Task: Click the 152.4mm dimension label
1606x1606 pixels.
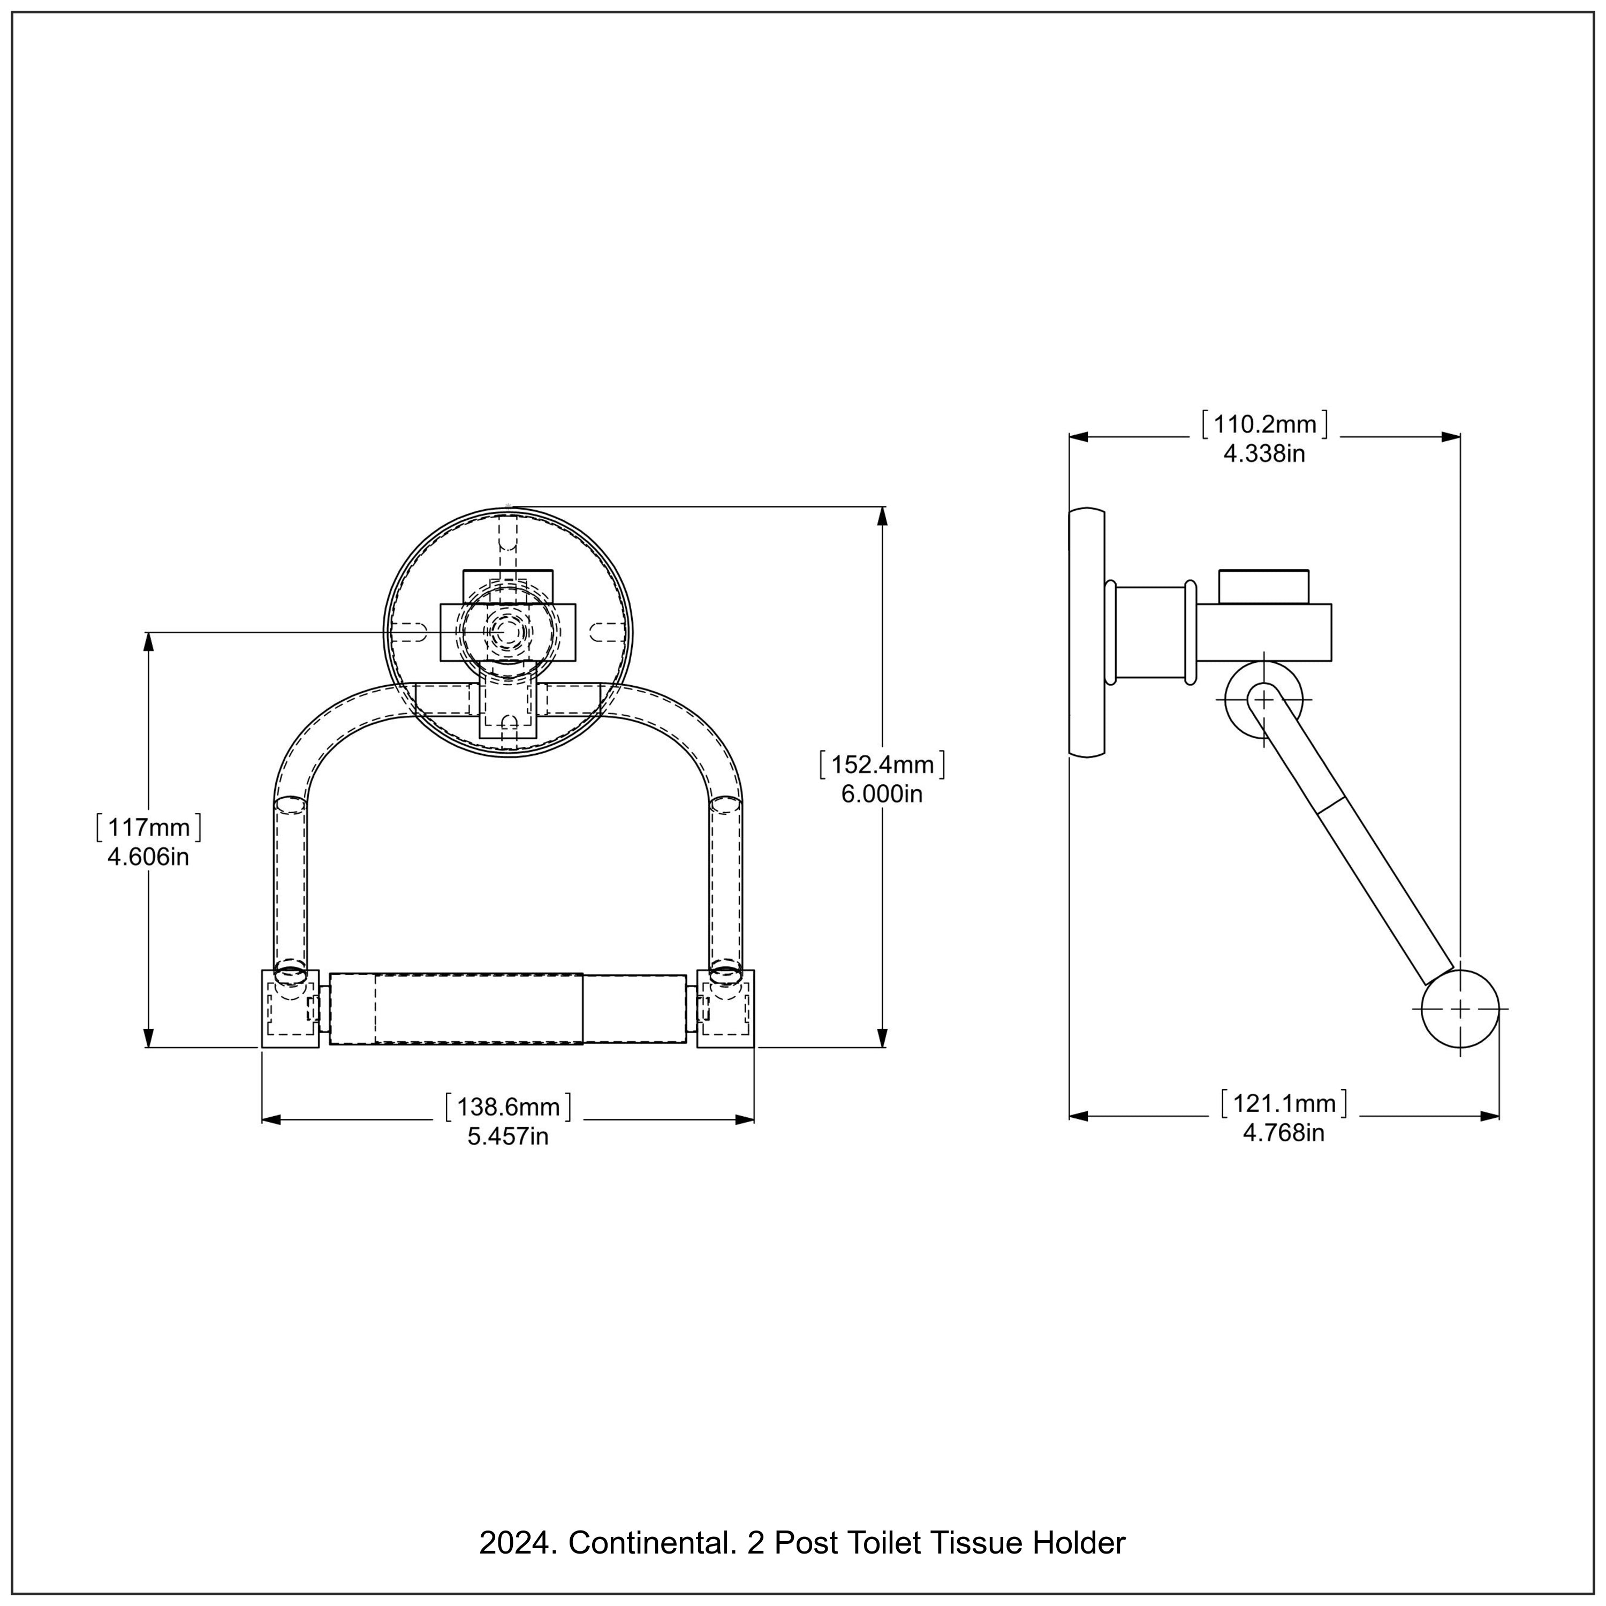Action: pos(882,765)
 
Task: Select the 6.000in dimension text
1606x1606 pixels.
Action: pos(882,794)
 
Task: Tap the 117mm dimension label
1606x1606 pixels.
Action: pos(149,828)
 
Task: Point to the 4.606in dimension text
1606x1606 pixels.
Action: pos(149,857)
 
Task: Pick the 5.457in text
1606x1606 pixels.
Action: pos(508,1137)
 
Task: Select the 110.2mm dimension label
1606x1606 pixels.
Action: pos(1264,425)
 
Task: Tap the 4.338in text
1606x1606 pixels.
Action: pos(1264,454)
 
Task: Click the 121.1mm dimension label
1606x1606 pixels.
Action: pos(1284,1104)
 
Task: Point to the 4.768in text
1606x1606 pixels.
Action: pos(1284,1133)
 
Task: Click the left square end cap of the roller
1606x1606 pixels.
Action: pos(290,1009)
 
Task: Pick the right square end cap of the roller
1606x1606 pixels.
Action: pos(726,1009)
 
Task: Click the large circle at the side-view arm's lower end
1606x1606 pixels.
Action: pos(1460,1009)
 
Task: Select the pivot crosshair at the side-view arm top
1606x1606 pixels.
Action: pos(1263,700)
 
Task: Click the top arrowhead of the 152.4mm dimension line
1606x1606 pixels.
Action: pos(882,516)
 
